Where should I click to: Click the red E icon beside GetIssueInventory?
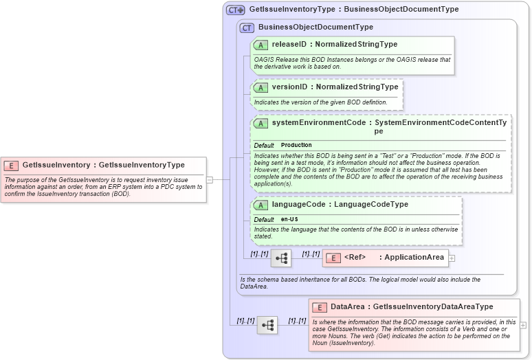(12, 166)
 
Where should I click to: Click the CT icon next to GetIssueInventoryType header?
(235, 10)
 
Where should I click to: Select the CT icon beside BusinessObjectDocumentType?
(247, 27)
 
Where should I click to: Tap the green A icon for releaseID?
(261, 45)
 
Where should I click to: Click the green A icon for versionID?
(261, 88)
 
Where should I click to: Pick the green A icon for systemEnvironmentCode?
(261, 123)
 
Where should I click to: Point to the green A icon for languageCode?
(261, 205)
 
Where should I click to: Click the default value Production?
(296, 146)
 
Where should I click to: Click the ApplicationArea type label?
(414, 258)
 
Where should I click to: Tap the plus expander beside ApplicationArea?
(452, 258)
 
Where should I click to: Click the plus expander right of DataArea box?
(524, 325)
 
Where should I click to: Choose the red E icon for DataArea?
(319, 307)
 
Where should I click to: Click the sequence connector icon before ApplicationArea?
(281, 258)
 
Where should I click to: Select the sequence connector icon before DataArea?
(267, 325)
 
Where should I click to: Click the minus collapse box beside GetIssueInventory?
(209, 180)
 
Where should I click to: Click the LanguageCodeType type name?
(371, 205)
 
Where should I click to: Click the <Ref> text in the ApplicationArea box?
(355, 258)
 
